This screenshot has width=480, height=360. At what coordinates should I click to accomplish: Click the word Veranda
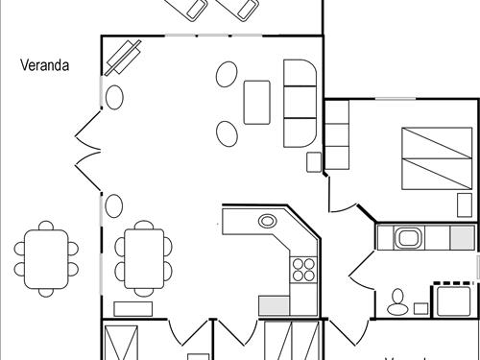click(47, 65)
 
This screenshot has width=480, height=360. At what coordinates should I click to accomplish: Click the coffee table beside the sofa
click(258, 101)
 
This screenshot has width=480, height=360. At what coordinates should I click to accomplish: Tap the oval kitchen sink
click(267, 221)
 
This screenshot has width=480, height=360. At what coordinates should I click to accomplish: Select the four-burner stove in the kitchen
click(303, 270)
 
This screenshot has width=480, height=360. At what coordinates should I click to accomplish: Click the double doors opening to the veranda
click(86, 150)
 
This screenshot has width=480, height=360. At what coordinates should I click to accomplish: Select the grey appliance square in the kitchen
click(273, 305)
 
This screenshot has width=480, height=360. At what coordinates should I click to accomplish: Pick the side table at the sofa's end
click(313, 160)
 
